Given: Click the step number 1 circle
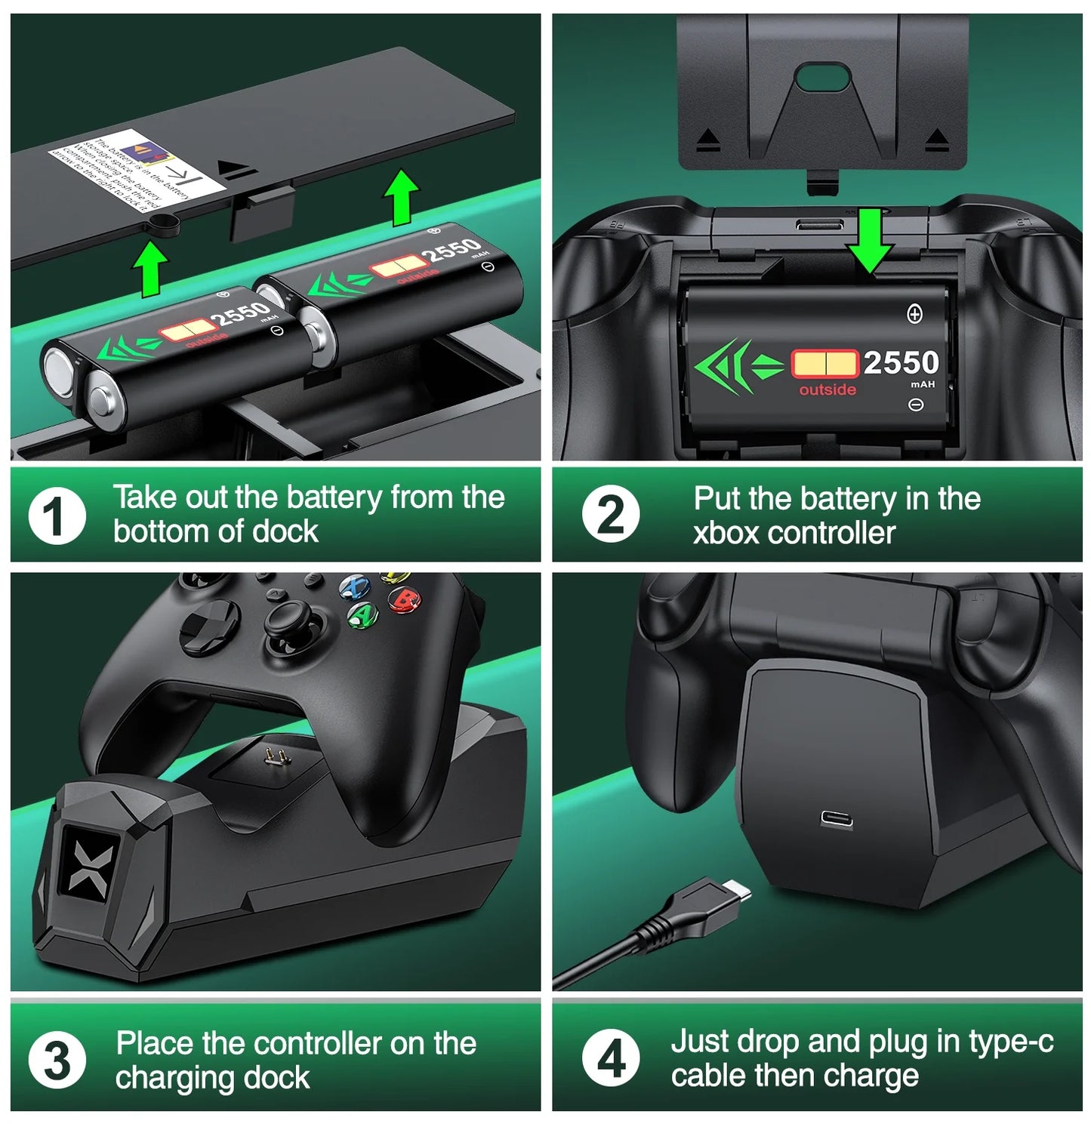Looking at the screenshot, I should (57, 516).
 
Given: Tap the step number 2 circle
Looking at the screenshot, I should (610, 516).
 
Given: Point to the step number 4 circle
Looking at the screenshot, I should (611, 1058).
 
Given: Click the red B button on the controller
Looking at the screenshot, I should (404, 601).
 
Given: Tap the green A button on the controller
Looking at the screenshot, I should (363, 615).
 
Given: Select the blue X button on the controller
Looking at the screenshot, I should (354, 587).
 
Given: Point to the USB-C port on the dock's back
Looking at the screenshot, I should (837, 819).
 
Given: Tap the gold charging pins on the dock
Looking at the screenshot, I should (273, 756).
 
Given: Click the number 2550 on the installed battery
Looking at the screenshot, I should (901, 363).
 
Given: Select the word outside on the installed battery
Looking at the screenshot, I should (827, 390).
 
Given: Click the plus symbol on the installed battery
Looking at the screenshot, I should (914, 314).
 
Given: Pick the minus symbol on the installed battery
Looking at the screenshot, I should (915, 405).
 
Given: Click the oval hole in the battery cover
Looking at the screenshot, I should (825, 78).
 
